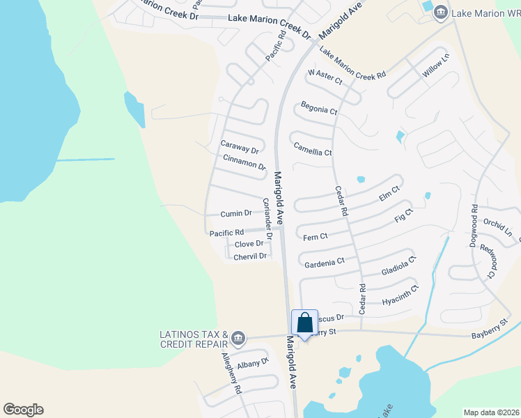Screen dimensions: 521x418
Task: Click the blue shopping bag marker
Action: pyautogui.click(x=304, y=323)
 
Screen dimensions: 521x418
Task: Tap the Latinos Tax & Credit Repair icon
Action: pyautogui.click(x=238, y=339)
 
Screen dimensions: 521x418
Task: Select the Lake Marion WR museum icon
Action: pyautogui.click(x=440, y=13)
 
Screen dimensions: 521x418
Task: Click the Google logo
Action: pyautogui.click(x=23, y=410)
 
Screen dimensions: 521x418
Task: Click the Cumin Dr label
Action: pyautogui.click(x=235, y=213)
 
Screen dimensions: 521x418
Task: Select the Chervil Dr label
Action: pyautogui.click(x=250, y=256)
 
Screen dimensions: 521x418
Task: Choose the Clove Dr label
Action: pyautogui.click(x=249, y=244)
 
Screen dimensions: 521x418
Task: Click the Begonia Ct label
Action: pyautogui.click(x=319, y=108)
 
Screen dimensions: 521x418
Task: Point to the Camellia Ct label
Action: pyautogui.click(x=313, y=149)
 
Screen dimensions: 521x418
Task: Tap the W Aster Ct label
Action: pyautogui.click(x=326, y=77)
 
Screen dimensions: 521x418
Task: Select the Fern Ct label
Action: pyautogui.click(x=316, y=237)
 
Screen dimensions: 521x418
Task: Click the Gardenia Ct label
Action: pyautogui.click(x=325, y=263)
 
